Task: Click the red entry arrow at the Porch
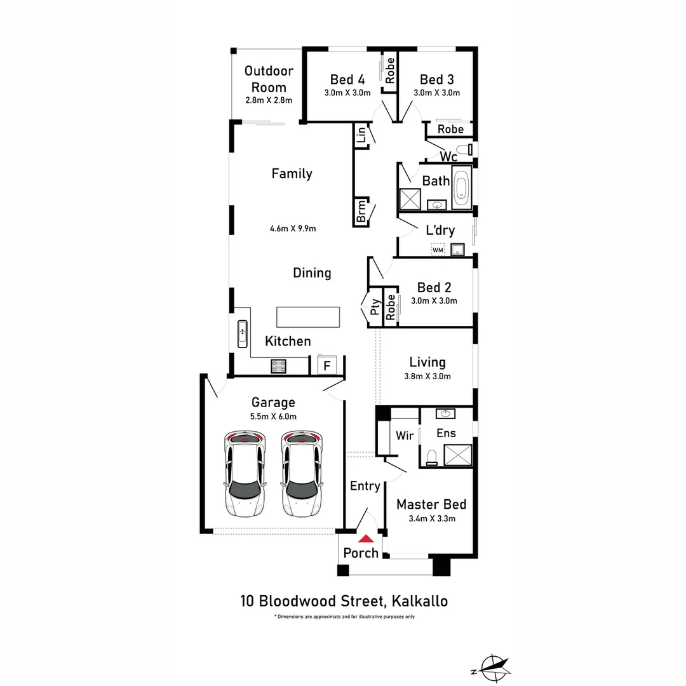coord(367,539)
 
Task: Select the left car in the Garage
coord(245,474)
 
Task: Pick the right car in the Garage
coord(302,474)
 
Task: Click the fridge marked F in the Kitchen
coord(327,365)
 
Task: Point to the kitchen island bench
coord(308,317)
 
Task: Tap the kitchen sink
coord(243,334)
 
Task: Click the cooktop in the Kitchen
coord(279,367)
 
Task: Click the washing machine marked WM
coord(438,250)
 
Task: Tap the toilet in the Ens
coord(432,457)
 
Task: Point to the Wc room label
coord(448,157)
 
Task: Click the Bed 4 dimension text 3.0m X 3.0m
coord(347,93)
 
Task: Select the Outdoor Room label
coord(269,79)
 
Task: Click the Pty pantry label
coord(375,307)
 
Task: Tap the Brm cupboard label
coord(361,212)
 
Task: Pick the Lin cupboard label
coord(361,135)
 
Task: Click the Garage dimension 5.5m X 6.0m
coord(273,417)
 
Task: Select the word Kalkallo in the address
coord(420,601)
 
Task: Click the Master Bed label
coord(431,504)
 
